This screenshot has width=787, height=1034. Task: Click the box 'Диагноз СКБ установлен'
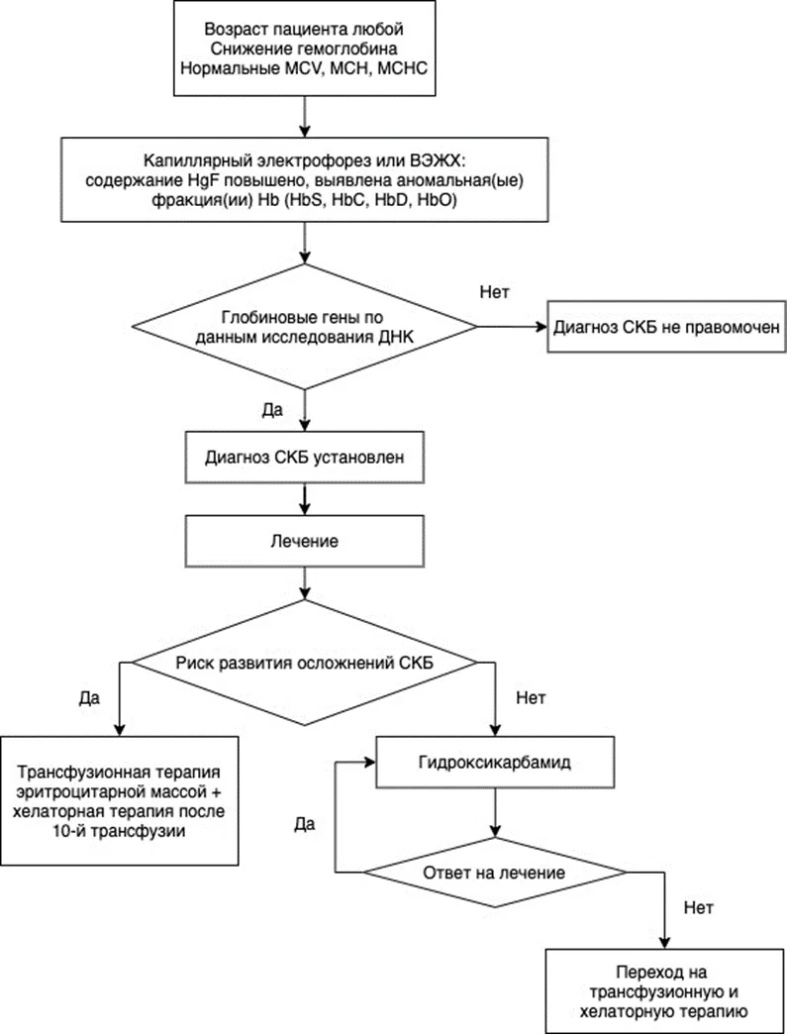tap(304, 457)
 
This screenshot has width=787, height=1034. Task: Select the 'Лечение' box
tap(304, 541)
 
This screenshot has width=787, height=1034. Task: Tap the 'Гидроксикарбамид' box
tap(494, 762)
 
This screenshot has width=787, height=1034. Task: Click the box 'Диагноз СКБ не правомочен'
tap(666, 327)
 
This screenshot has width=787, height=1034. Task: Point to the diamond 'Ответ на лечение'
tap(494, 873)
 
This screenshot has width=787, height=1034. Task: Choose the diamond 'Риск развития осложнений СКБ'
tap(304, 662)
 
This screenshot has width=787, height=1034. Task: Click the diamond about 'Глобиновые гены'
tap(304, 327)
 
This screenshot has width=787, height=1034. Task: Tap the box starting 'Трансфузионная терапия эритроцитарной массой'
tap(119, 800)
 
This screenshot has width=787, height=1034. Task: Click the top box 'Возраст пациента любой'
tap(304, 49)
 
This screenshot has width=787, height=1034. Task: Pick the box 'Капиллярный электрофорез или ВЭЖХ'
tap(304, 179)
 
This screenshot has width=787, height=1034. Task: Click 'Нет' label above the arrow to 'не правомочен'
tap(494, 291)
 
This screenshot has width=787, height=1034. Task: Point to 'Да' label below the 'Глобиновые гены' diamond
tap(272, 409)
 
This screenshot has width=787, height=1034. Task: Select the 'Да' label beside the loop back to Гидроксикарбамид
tap(304, 824)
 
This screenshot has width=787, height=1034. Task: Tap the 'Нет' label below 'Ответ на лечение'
tap(698, 907)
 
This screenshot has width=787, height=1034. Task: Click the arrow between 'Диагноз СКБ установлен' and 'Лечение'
tap(304, 498)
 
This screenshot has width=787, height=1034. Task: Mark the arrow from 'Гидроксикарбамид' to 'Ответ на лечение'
tap(494, 812)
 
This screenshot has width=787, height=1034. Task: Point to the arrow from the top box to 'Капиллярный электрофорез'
tap(304, 117)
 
